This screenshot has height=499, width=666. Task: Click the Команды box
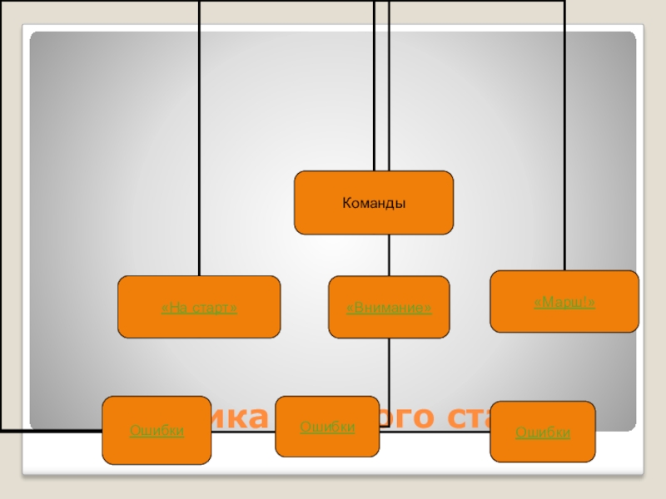(x=374, y=202)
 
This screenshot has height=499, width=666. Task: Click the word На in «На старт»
(x=174, y=309)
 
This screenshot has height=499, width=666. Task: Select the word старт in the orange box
(x=212, y=309)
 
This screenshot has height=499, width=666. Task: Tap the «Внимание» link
(x=389, y=309)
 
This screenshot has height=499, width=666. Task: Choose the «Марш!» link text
(x=564, y=302)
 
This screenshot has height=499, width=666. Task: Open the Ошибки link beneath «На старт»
(x=157, y=431)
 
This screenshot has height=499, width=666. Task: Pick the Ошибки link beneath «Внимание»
(x=327, y=427)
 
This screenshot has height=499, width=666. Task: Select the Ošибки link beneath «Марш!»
(x=542, y=432)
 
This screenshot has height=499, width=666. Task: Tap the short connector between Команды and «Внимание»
(x=389, y=254)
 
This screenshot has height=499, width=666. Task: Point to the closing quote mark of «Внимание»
(x=428, y=309)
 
